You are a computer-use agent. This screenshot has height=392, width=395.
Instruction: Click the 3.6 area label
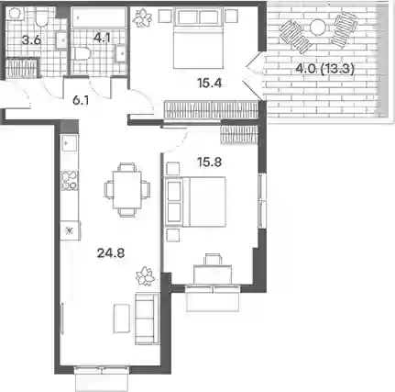[31, 40]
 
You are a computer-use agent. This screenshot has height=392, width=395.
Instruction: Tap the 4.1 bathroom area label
[102, 38]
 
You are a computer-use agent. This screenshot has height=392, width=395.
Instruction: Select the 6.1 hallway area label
[81, 100]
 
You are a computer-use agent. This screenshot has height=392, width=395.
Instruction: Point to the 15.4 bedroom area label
[209, 83]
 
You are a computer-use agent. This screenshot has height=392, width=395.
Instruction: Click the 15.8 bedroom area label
[209, 162]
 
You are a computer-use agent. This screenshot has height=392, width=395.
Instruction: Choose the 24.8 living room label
[111, 253]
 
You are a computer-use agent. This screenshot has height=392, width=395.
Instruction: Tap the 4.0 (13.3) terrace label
[325, 69]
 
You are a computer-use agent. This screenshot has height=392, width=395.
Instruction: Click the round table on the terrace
[318, 27]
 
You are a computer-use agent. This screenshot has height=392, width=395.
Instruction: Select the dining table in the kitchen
[127, 190]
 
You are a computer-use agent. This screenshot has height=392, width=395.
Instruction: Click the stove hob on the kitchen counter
[70, 181]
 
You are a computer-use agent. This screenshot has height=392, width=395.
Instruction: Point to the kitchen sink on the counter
[70, 143]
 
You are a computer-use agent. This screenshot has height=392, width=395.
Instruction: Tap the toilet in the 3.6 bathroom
[41, 17]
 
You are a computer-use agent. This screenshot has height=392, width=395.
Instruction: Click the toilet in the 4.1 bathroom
[82, 54]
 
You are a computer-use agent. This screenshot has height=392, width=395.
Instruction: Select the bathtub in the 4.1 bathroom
[99, 17]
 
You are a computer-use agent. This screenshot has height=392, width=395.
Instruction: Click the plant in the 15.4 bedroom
[142, 17]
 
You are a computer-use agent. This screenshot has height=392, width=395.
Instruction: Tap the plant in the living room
[146, 276]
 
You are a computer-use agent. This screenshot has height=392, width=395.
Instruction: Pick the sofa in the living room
[148, 319]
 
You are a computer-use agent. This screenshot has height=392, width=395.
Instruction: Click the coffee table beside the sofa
[122, 319]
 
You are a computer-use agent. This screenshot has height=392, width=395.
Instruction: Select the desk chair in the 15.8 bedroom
[213, 259]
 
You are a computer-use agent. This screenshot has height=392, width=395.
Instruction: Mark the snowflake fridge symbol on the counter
[70, 230]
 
